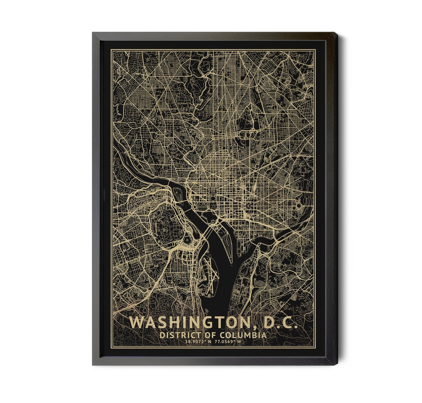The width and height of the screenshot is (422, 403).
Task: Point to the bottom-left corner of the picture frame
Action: (x=93, y=364)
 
